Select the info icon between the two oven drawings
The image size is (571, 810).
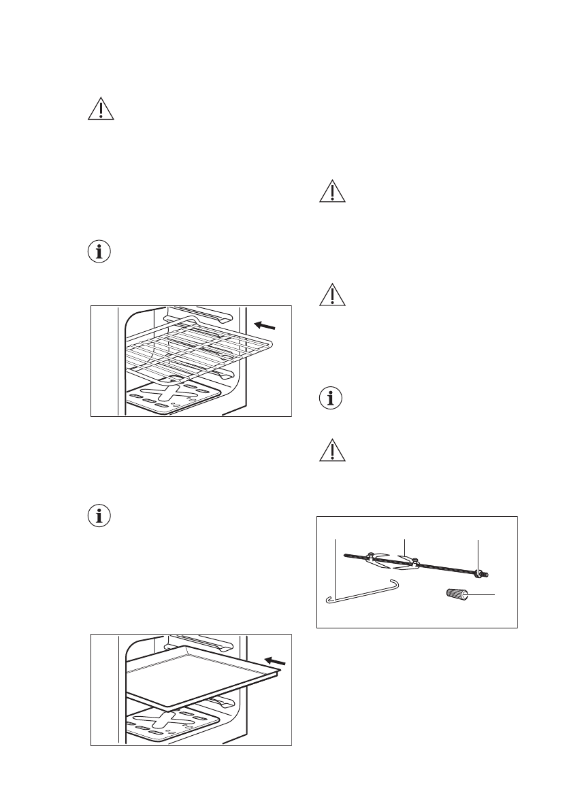(x=101, y=515)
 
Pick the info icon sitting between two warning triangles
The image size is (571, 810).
(x=332, y=399)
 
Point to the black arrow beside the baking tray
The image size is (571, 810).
(x=275, y=660)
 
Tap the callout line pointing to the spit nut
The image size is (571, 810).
(x=478, y=554)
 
